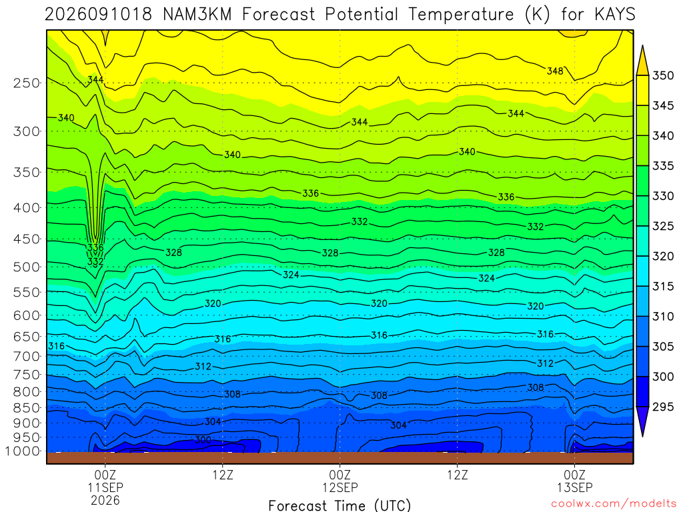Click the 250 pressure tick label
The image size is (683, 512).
coord(27,83)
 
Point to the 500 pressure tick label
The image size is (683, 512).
coord(27,267)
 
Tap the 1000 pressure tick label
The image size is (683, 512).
coord(23,451)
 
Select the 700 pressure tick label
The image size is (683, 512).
coord(27,356)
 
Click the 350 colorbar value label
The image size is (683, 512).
coord(663,75)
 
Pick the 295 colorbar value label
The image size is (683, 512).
coord(663,407)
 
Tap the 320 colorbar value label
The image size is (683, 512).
coord(663,256)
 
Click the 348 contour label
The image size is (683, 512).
coord(555,71)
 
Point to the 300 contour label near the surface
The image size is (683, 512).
coord(203,440)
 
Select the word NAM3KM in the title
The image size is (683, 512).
coord(197,15)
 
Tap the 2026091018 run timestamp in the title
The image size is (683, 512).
coord(99,15)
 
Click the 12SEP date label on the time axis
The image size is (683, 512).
coord(339,487)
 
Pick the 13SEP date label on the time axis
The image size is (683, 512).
coord(574,487)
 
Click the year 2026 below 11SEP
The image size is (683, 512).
coord(105,500)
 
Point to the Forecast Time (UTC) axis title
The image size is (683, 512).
coord(339,505)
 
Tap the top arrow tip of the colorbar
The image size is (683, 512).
coord(642,46)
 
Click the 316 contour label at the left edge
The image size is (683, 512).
coord(56,346)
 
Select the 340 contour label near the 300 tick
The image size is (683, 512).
coord(66,118)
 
